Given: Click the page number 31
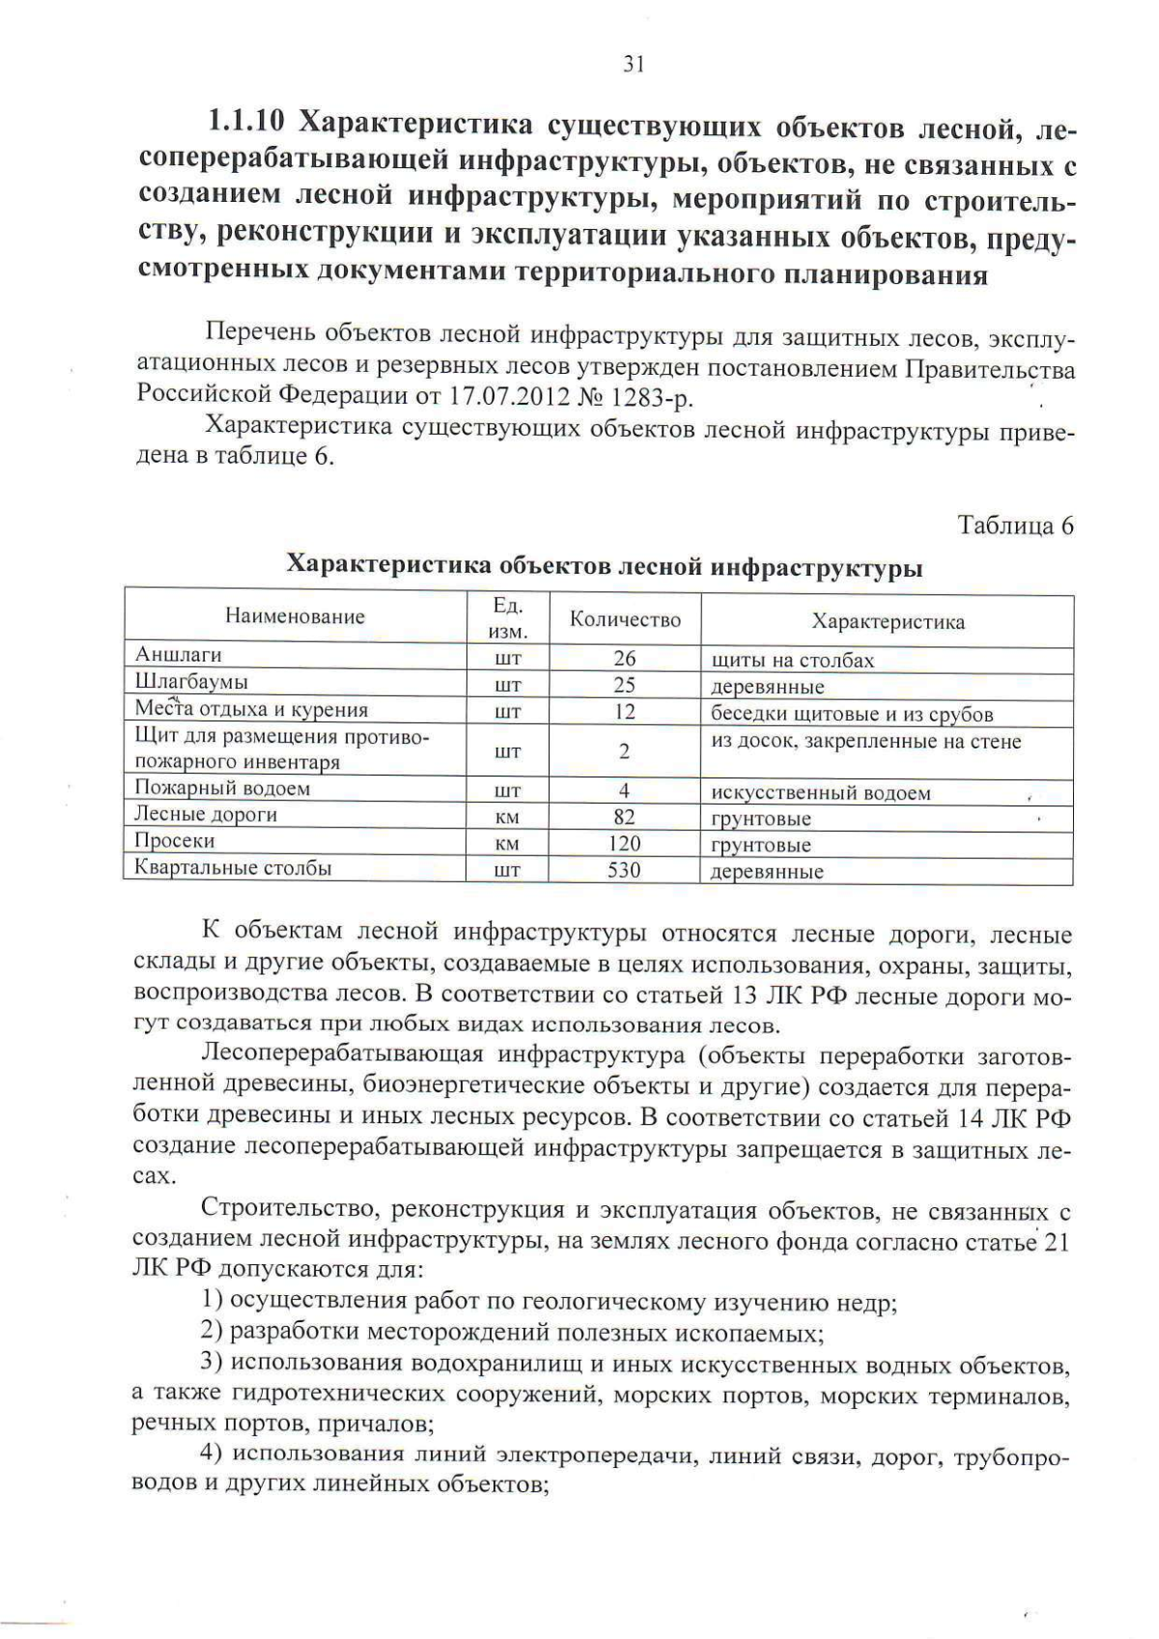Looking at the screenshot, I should (633, 64).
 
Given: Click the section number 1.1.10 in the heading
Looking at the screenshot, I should (245, 124).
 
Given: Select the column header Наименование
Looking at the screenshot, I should (296, 616).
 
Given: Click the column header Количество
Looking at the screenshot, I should (625, 620).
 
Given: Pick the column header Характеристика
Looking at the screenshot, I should (888, 621).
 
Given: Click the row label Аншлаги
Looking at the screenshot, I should (179, 655).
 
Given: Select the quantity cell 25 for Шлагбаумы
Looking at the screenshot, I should (624, 685).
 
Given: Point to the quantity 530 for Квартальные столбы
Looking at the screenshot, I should (624, 870).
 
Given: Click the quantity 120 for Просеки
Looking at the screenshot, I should (624, 844).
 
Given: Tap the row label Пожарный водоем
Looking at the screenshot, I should (222, 788).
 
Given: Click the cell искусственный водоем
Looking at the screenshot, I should (821, 793).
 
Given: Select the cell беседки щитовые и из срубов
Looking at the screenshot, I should (852, 715).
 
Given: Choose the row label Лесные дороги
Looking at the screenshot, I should (206, 814).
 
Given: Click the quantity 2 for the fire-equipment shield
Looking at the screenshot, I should (624, 751).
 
